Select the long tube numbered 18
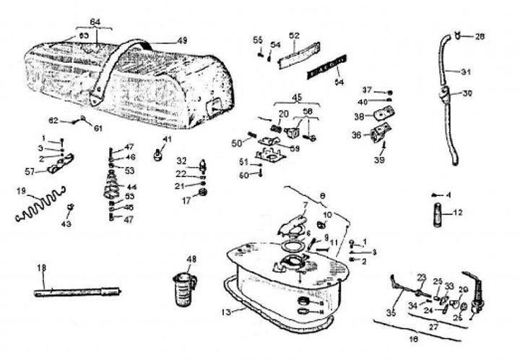[x=79, y=292]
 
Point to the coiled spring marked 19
[x=40, y=206]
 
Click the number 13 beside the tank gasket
[x=226, y=312]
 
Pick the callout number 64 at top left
[x=97, y=21]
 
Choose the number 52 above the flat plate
[x=295, y=35]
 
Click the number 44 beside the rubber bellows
[x=132, y=187]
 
